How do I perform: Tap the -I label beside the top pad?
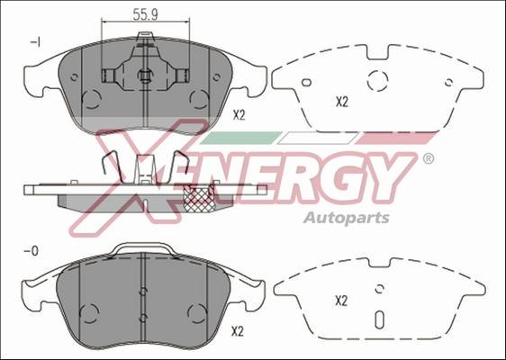[36, 41]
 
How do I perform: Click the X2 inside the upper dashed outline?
[342, 102]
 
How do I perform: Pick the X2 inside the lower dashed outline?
[341, 301]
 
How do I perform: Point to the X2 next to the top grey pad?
[239, 114]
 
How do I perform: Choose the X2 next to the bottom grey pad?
[238, 331]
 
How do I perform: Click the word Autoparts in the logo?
[346, 218]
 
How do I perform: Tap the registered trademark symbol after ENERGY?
[428, 159]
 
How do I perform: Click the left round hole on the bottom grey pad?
[88, 312]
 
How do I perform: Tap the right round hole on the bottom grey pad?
[195, 312]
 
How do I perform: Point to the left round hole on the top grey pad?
[91, 98]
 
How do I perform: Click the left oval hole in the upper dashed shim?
[306, 82]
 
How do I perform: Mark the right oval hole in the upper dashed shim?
[448, 82]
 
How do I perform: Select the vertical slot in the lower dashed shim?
[379, 319]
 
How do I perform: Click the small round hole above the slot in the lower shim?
[379, 289]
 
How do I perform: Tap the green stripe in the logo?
[236, 138]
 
